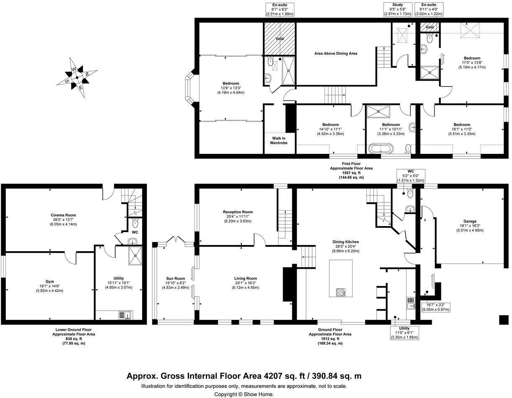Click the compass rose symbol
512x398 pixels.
click(77, 77)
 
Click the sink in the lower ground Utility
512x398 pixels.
click(124, 315)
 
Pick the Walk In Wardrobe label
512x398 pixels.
click(280, 140)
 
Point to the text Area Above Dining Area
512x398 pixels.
click(335, 54)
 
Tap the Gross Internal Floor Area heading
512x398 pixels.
click(244, 376)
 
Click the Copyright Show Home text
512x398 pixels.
click(244, 394)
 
